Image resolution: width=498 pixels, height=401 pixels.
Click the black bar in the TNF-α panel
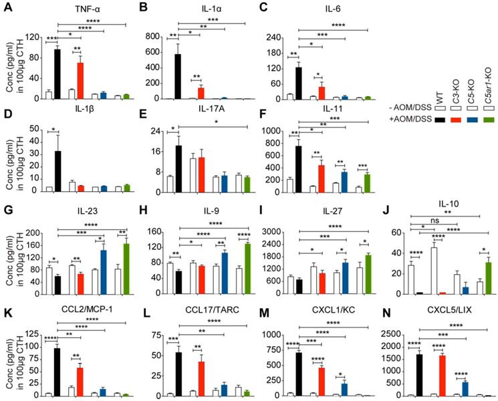[58, 74]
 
